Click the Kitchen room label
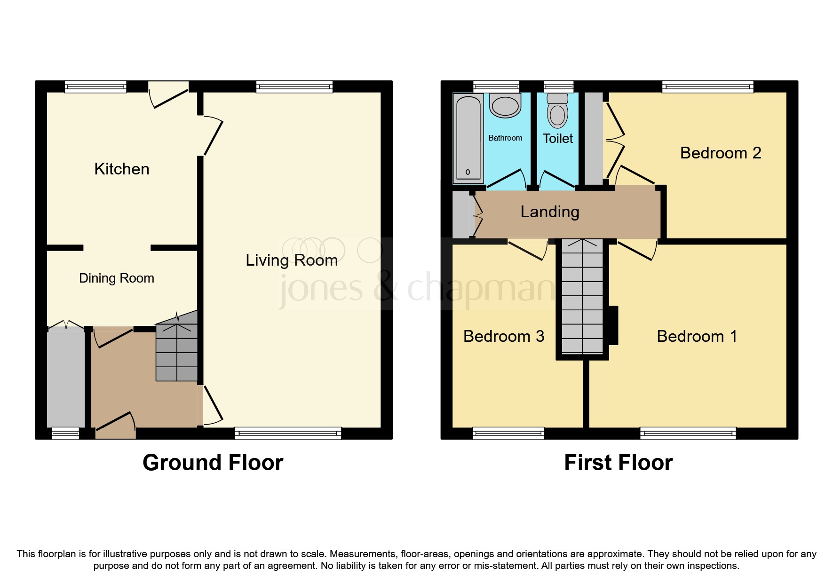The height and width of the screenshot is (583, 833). (121, 169)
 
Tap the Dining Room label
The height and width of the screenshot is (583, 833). (116, 278)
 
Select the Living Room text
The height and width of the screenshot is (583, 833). (292, 260)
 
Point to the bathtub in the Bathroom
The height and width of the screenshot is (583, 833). (468, 139)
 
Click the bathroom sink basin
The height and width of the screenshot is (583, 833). (505, 106)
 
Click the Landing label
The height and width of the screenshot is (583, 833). (550, 212)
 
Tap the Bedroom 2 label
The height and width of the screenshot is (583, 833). (720, 153)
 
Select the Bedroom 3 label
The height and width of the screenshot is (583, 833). (503, 336)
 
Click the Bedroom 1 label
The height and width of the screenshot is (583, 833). (697, 336)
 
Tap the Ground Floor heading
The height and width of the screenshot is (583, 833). (213, 463)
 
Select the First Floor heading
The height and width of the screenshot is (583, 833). (618, 463)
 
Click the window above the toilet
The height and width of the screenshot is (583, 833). (558, 87)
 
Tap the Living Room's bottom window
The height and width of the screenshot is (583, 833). (288, 433)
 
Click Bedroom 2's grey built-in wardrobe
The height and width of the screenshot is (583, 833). (594, 139)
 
